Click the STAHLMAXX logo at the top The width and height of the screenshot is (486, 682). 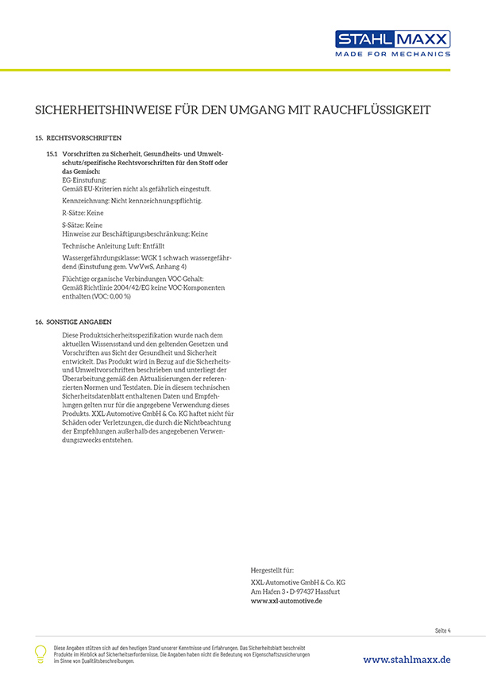point(392,39)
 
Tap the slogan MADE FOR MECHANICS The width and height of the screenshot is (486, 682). point(392,54)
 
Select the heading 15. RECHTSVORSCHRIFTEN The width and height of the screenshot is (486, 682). point(78,138)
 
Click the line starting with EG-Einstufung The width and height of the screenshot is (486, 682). point(84,180)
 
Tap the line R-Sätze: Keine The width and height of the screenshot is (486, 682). point(83,213)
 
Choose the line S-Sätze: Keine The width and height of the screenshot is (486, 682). point(83,225)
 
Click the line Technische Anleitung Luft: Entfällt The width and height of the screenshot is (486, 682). point(113,246)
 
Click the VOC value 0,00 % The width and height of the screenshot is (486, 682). point(118,295)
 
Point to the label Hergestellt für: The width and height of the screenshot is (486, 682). point(272,570)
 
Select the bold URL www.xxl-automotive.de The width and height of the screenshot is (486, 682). point(286,601)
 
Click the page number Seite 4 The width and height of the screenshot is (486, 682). point(442,630)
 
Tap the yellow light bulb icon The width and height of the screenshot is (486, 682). point(40,653)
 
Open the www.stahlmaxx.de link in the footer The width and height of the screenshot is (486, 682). point(407,660)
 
